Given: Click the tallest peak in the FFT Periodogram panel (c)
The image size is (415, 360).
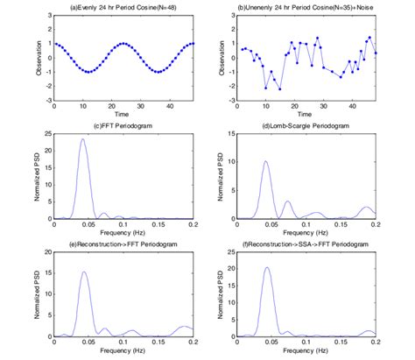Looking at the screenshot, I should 83,139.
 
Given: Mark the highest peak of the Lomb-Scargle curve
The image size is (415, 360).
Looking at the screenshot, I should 265,161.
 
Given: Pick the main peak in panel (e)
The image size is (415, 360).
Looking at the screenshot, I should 84,272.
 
